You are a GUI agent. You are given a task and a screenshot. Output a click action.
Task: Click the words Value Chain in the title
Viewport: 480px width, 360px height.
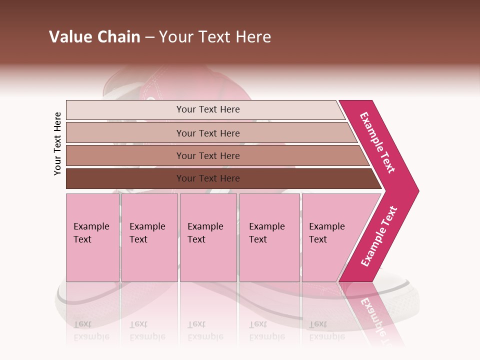pyautogui.click(x=94, y=37)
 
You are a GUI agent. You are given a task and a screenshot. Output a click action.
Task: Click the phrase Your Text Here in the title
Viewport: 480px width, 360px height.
pyautogui.click(x=215, y=37)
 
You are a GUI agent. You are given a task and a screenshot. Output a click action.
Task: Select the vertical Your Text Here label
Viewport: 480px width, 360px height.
pyautogui.click(x=58, y=143)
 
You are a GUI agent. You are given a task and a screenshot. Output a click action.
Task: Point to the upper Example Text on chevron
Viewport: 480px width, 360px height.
pyautogui.click(x=377, y=142)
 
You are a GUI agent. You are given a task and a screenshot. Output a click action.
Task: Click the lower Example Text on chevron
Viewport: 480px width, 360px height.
pyautogui.click(x=379, y=236)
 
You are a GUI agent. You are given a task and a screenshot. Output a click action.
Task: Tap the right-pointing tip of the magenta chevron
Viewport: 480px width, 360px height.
pyautogui.click(x=416, y=190)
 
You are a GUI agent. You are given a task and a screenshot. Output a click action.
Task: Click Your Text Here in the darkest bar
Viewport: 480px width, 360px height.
pyautogui.click(x=208, y=178)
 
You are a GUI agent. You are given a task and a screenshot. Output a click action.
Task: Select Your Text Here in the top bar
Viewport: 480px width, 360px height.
pyautogui.click(x=208, y=109)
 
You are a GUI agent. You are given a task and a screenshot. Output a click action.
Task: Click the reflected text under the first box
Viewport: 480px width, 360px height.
pyautogui.click(x=91, y=330)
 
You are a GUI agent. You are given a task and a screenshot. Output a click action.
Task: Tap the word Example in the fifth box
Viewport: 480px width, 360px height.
pyautogui.click(x=326, y=226)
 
